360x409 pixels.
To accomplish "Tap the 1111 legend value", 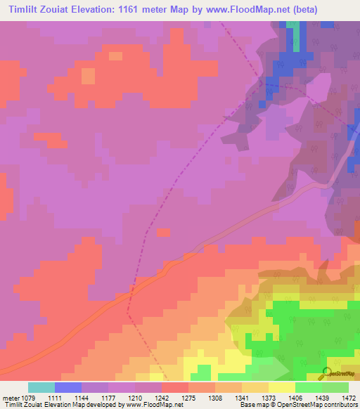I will (x=56, y=398).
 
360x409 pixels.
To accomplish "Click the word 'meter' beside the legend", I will (x=12, y=398).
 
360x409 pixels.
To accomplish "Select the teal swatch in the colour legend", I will (x=41, y=387).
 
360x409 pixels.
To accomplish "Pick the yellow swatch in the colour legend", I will (x=281, y=387).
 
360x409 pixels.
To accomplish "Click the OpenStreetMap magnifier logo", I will (x=326, y=372).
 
